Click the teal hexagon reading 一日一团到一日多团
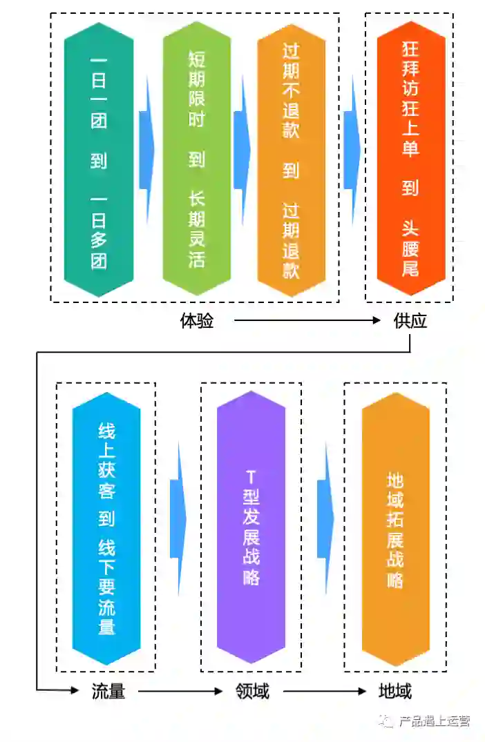pos(99,160)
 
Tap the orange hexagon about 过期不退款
pos(291,160)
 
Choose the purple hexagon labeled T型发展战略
pos(251,527)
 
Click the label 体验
pos(197,321)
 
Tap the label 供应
pos(410,321)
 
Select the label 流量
pos(108,691)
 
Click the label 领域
pos(252,691)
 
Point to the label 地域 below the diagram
pos(395,691)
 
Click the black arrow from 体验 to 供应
pos(307,320)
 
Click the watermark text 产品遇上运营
pos(435,721)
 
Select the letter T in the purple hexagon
pos(251,476)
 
